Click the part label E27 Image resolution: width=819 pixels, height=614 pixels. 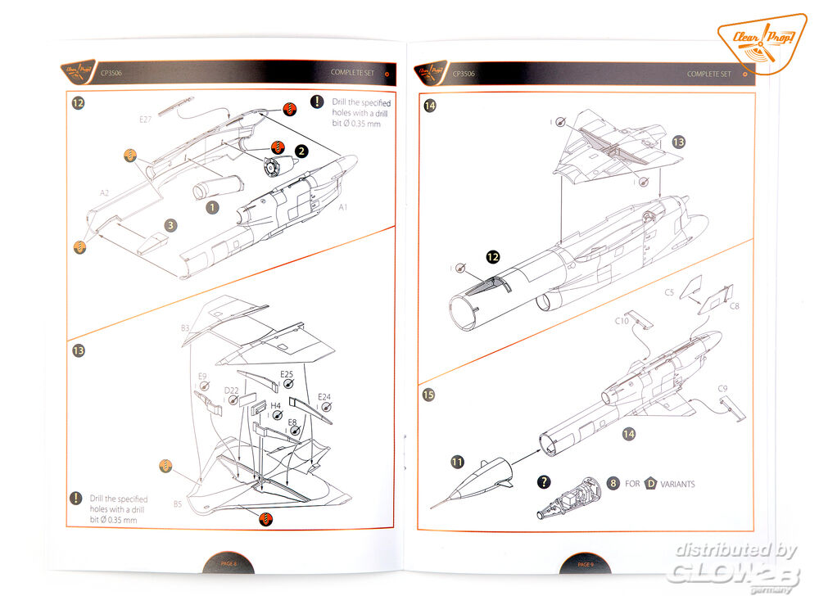[x=145, y=120]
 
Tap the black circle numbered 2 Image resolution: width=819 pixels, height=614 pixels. [x=301, y=151]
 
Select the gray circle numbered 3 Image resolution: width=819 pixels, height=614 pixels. [x=170, y=224]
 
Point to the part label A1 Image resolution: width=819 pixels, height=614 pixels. [x=344, y=208]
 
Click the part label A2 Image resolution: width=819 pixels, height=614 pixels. [x=104, y=193]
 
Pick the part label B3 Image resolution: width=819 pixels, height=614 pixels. [x=185, y=328]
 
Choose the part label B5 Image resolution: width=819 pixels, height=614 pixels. [x=178, y=504]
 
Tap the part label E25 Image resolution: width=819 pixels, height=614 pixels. [x=287, y=375]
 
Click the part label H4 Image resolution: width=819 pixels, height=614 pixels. [x=276, y=405]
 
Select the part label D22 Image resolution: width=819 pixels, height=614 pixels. [x=233, y=391]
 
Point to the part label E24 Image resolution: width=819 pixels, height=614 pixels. [x=324, y=396]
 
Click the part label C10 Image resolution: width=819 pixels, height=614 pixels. [x=622, y=322]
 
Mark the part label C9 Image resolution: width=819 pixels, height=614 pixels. [x=722, y=388]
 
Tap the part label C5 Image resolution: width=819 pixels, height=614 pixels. [x=669, y=291]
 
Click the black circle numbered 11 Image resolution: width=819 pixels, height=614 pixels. [x=456, y=463]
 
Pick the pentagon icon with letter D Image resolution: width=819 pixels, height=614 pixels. [x=652, y=483]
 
